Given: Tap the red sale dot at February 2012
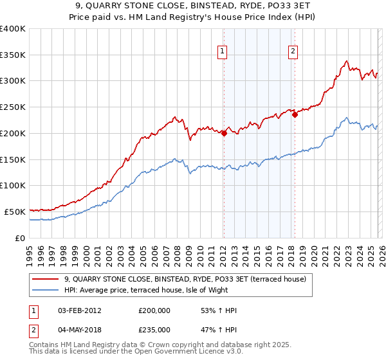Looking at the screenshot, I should (224, 133).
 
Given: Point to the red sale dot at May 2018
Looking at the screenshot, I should (295, 115).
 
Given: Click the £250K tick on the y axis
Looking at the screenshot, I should (13, 107).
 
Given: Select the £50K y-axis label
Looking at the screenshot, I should (15, 212).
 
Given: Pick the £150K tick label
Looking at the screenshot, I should (13, 159).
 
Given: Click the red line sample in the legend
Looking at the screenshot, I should (46, 279).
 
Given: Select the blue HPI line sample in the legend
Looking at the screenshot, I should (46, 290).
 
